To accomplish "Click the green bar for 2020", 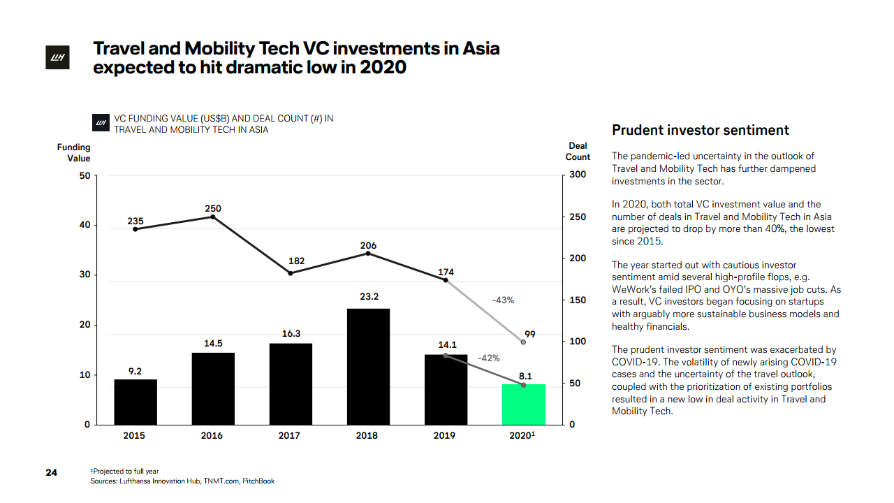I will [523, 404].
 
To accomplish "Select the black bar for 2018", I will [368, 367].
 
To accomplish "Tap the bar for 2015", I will [135, 402].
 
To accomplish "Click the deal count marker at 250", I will [213, 217].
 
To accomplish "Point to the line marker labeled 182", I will [291, 273].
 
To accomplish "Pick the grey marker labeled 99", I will [523, 342].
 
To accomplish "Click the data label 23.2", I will [369, 297].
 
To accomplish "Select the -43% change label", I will [503, 300].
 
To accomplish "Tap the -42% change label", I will [488, 358].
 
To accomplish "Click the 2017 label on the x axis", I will [289, 436].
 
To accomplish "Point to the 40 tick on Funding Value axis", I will [84, 226].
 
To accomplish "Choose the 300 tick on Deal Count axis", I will [577, 175].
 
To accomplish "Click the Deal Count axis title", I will [578, 152].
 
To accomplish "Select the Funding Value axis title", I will [74, 152].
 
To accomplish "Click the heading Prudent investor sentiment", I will [701, 130].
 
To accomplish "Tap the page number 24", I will [51, 472].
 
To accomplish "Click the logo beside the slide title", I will [55, 59].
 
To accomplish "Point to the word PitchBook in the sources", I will [258, 481].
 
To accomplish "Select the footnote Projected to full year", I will [126, 472].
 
